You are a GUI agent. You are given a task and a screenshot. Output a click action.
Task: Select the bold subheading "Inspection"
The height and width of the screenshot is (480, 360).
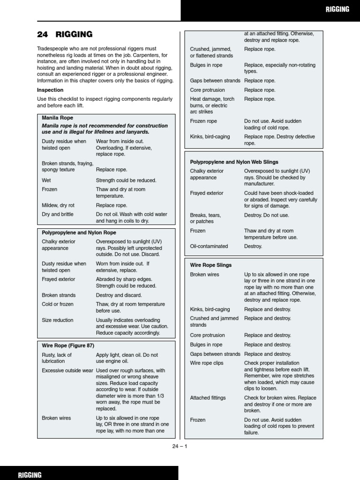[50, 90]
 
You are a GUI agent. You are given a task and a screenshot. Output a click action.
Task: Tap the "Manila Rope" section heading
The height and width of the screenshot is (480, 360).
[57, 118]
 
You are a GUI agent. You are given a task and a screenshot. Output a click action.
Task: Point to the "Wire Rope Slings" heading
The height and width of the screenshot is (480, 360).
[211, 265]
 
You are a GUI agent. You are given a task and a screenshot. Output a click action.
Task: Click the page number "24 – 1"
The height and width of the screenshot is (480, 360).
[180, 446]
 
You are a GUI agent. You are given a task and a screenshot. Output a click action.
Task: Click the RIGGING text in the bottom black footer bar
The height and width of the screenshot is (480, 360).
[30, 474]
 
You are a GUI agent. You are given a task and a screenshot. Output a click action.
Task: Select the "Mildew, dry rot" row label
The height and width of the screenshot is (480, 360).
[58, 205]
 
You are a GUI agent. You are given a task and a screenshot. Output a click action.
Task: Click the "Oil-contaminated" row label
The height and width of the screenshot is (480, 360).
[209, 246]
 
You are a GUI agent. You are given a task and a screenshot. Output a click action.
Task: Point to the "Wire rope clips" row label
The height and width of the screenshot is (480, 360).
[207, 363]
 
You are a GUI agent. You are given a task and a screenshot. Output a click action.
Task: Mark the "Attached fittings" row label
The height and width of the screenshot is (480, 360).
[208, 398]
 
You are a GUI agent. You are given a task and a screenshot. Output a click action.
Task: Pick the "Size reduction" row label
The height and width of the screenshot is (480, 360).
[58, 320]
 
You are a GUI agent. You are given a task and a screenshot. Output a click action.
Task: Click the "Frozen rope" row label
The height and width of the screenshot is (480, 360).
[203, 121]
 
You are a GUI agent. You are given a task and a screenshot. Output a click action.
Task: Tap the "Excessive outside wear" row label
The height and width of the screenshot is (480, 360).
[67, 370]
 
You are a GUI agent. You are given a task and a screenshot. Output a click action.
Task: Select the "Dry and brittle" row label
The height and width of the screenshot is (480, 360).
[58, 214]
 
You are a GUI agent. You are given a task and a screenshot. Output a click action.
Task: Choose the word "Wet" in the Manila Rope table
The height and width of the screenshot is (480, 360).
[46, 180]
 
